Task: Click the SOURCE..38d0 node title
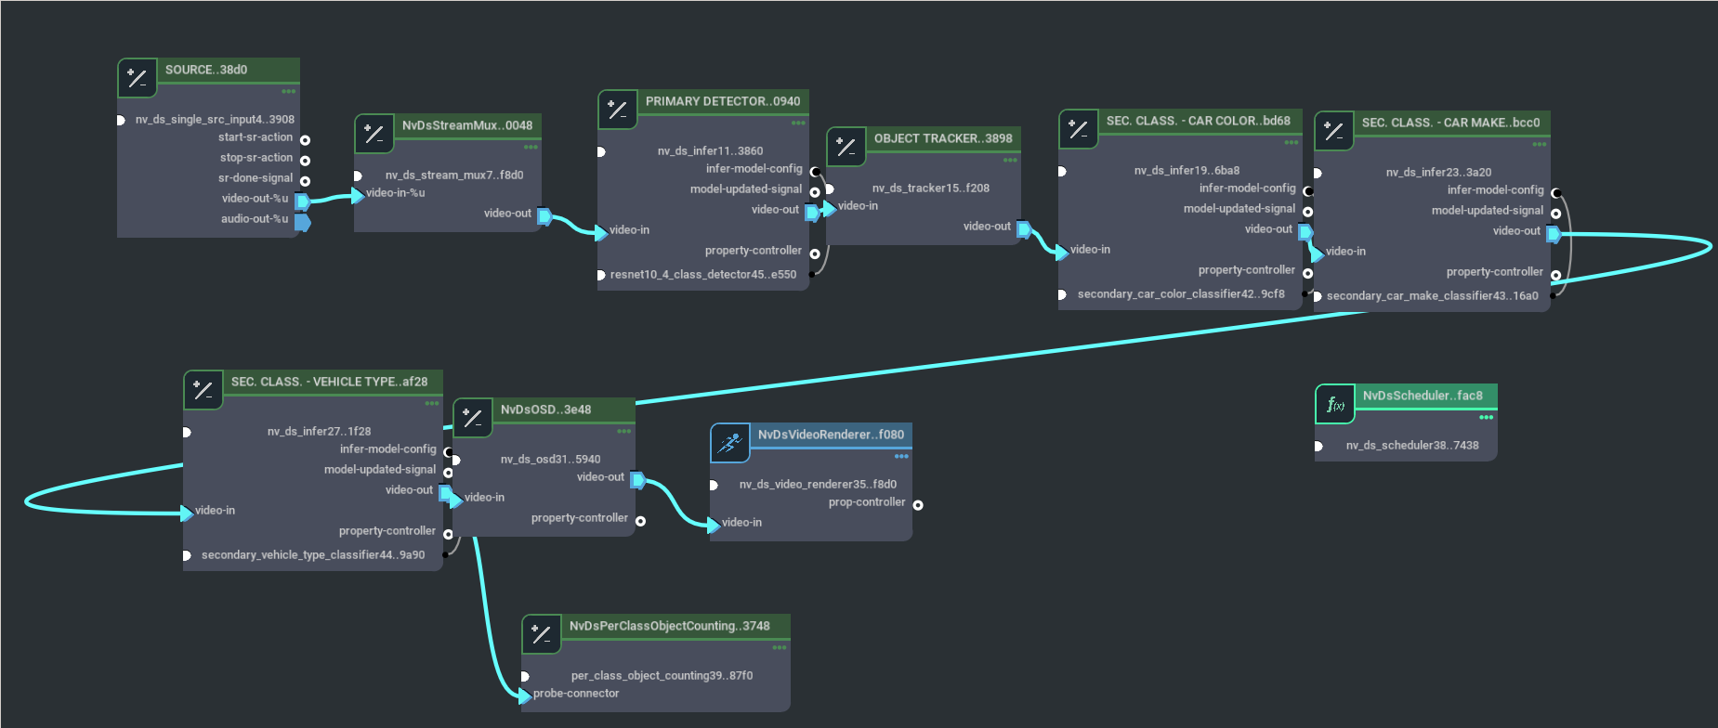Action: (206, 70)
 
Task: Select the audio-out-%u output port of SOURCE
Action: (303, 222)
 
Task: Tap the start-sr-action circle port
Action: (305, 140)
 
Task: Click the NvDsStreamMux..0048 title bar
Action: (466, 125)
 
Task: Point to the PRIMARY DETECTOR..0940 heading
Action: (722, 101)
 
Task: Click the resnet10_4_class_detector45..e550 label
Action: (702, 275)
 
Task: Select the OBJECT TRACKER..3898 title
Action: (942, 138)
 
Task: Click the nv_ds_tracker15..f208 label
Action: (930, 188)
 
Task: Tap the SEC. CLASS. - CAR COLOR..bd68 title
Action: (1198, 121)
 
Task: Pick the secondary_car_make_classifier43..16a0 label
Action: (1432, 296)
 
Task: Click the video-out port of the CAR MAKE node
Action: (1554, 234)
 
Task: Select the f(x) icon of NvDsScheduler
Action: (1335, 404)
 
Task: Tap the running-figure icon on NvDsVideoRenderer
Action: (730, 443)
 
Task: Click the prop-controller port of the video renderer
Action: (918, 505)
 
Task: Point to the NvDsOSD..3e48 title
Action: (545, 409)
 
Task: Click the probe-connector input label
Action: (575, 694)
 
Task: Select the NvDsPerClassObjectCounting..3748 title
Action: (669, 626)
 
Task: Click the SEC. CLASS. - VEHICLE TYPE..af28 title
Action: (329, 382)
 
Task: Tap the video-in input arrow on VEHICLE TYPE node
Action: (187, 512)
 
